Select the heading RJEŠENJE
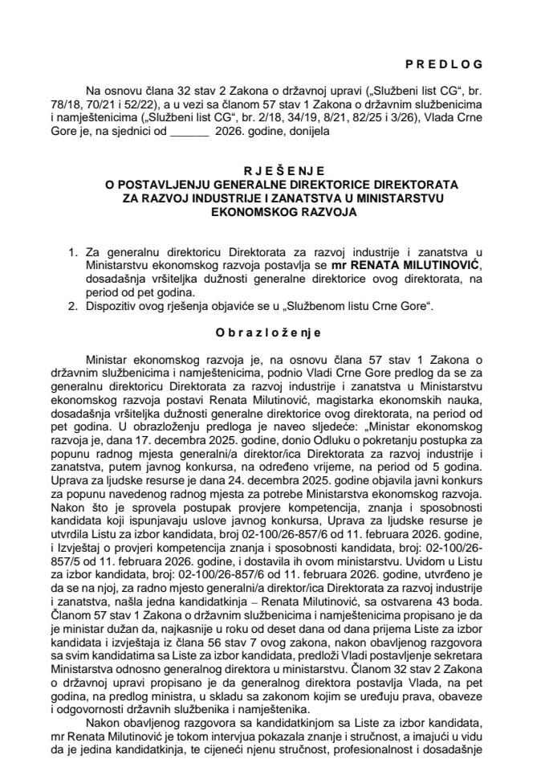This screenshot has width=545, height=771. (272, 171)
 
